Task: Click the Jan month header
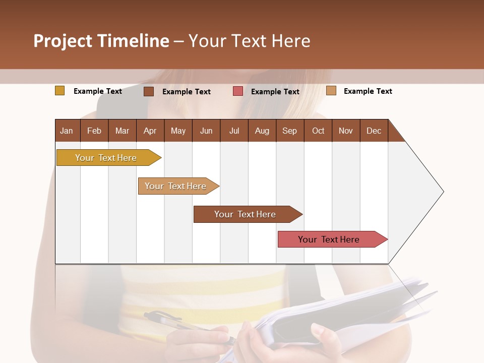67,131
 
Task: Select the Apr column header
150,131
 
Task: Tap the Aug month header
262,131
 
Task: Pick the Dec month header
374,131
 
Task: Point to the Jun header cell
206,131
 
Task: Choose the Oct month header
318,131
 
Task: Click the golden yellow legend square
60,91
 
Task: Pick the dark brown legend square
149,91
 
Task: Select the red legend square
238,91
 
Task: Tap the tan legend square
331,91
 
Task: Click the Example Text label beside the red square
275,92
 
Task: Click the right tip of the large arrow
443,192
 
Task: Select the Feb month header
94,131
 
